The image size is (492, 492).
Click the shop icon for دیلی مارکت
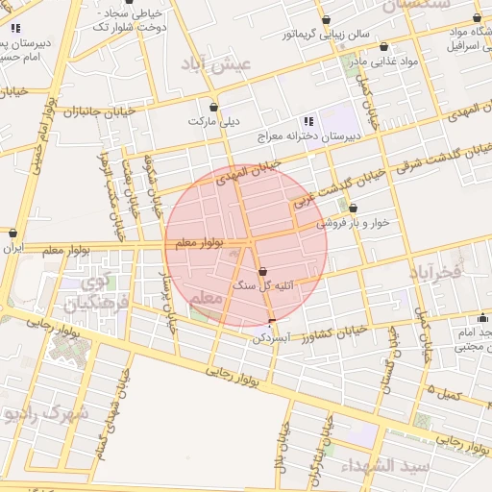click(x=213, y=107)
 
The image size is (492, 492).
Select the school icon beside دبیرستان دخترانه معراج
click(x=308, y=121)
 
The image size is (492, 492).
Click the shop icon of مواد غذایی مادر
click(x=383, y=46)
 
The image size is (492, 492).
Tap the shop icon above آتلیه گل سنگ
click(x=263, y=271)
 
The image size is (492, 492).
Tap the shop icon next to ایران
click(x=12, y=233)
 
